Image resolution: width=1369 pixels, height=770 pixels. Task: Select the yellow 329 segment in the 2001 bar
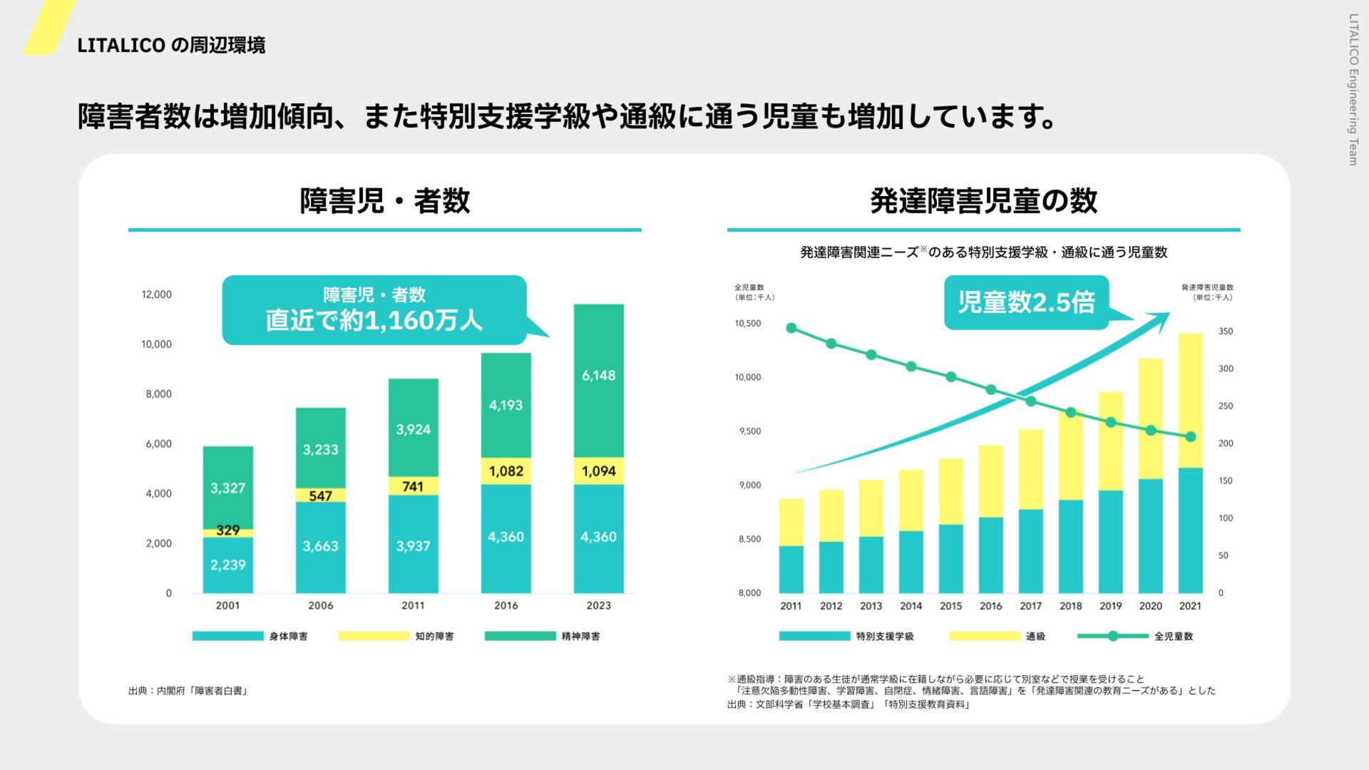tap(227, 531)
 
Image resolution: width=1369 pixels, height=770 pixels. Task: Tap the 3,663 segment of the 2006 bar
tap(320, 547)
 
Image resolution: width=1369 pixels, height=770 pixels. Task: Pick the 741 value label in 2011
tap(413, 487)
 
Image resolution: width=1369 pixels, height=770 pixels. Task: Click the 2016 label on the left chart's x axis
tap(506, 605)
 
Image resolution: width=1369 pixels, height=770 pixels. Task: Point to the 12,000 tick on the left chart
tap(156, 294)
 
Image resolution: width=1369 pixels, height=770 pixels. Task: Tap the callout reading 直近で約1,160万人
tap(374, 310)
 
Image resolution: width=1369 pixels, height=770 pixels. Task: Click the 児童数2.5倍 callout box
tap(1026, 302)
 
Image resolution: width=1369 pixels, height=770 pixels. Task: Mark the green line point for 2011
tap(791, 328)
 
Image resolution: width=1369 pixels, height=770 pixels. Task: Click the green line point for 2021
tap(1190, 436)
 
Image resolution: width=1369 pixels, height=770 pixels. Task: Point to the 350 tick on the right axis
tap(1225, 332)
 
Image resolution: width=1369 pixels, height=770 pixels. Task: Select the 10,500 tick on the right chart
tap(748, 324)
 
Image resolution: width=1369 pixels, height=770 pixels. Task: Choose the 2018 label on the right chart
tap(1070, 606)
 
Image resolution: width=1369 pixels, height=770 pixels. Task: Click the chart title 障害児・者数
tap(384, 201)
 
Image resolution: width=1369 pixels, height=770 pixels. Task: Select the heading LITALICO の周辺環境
tap(171, 46)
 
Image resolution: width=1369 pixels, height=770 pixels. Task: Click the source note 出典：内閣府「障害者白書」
tap(188, 691)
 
